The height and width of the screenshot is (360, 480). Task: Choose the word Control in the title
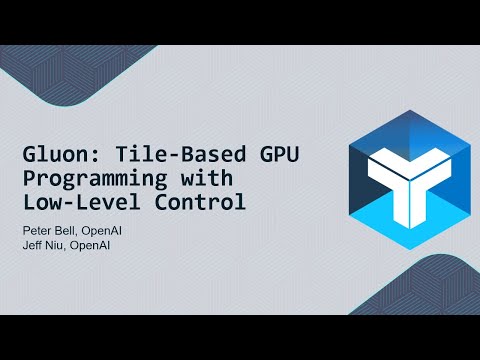(197, 204)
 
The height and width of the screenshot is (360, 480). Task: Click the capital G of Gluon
(30, 158)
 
